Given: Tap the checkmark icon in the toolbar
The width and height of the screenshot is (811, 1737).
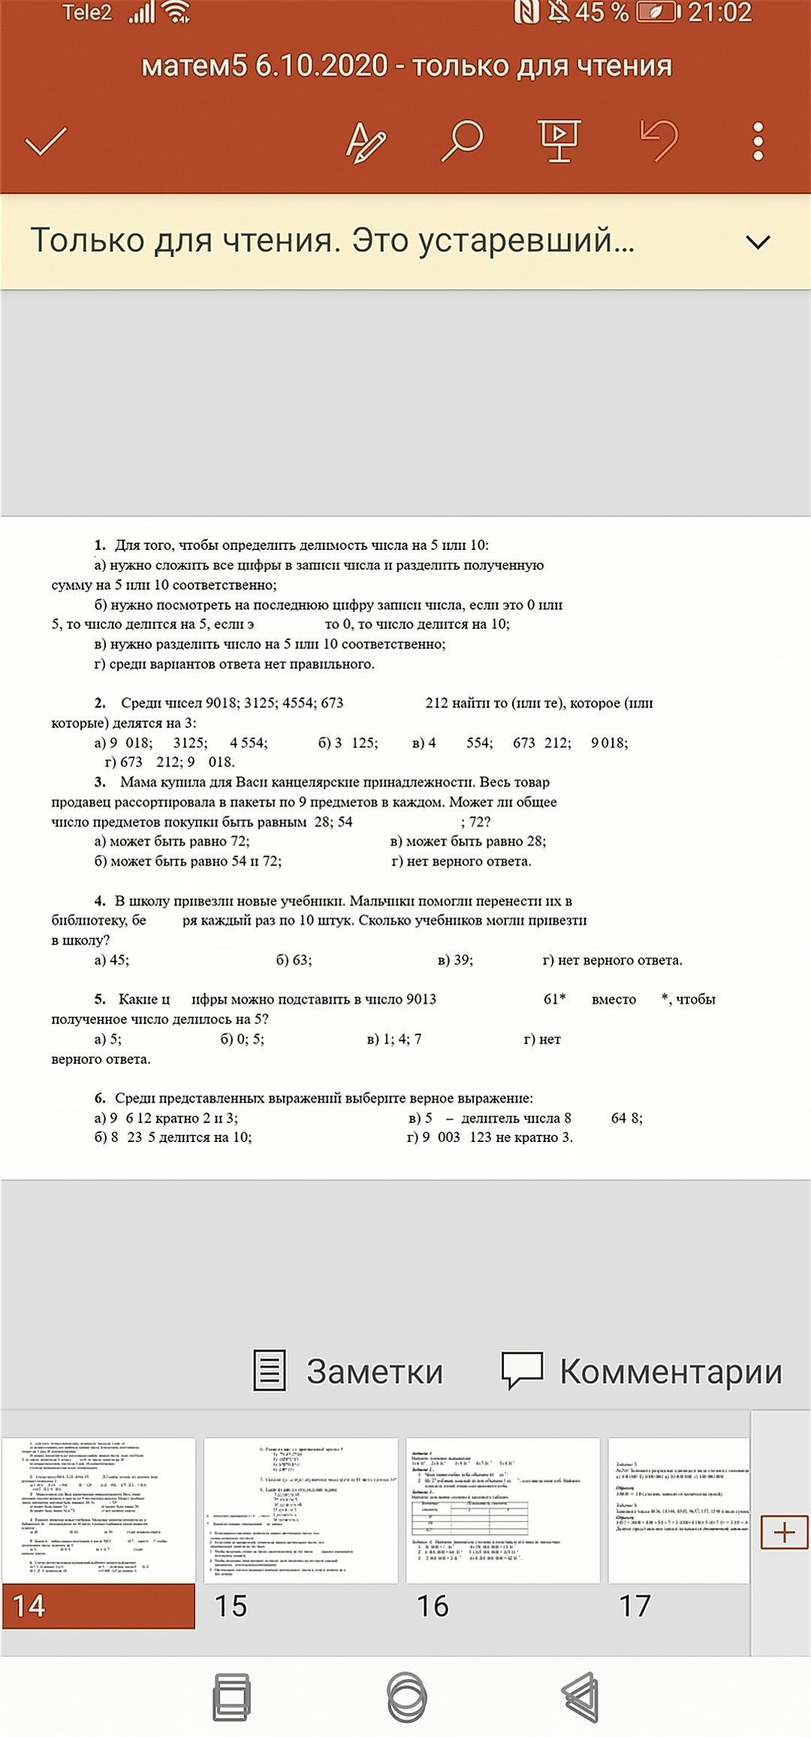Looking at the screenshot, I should click(47, 141).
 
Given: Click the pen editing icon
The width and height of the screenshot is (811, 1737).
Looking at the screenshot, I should click(366, 141).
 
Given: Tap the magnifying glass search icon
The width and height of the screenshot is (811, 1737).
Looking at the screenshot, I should click(461, 140).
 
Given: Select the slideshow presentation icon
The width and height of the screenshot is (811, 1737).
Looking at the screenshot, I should click(559, 140).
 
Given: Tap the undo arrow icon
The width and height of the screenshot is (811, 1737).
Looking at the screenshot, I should click(659, 140).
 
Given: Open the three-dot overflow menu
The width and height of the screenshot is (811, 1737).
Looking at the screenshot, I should click(758, 140).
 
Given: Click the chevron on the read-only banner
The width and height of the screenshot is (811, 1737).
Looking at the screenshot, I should click(758, 242).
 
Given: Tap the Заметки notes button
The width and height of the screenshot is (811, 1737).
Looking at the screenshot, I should click(348, 1370).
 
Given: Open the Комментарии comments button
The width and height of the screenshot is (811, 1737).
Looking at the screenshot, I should click(642, 1370).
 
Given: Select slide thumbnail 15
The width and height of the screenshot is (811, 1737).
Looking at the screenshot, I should click(300, 1510).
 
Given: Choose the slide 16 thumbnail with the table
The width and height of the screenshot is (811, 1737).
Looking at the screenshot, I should click(502, 1510).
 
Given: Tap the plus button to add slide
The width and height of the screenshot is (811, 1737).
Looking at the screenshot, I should click(784, 1532).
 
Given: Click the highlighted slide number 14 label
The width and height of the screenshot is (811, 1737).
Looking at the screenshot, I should click(98, 1606).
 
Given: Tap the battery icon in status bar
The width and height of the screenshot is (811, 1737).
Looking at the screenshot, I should click(658, 12).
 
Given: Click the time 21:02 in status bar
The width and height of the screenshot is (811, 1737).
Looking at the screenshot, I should click(719, 12).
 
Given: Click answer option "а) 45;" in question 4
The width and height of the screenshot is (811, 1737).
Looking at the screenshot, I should click(112, 959).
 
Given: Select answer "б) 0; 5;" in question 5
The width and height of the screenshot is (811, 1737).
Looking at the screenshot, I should click(242, 1039).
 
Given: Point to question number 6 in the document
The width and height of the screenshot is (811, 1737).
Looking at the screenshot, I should click(100, 1098).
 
